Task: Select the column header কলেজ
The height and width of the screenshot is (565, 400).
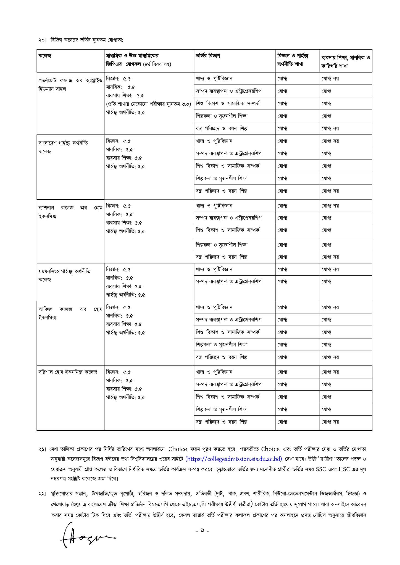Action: [45, 56]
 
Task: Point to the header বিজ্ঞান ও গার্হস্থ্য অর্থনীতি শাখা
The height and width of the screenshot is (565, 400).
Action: [293, 60]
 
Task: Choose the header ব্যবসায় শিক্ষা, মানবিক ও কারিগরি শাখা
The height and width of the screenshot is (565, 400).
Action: [346, 62]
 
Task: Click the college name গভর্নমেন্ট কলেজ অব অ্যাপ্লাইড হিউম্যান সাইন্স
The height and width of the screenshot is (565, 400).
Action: [70, 85]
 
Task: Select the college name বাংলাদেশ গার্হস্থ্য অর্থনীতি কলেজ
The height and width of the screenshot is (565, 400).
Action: [63, 147]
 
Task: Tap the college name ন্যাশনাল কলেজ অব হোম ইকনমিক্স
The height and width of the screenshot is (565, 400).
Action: [70, 212]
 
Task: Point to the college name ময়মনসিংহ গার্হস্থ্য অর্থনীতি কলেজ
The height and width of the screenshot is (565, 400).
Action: [64, 275]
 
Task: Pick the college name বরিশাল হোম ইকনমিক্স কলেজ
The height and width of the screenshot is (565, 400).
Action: [68, 372]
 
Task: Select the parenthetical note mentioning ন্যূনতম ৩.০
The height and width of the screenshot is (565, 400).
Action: [148, 104]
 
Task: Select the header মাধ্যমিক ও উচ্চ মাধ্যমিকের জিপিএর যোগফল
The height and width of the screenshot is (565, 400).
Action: [138, 60]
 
